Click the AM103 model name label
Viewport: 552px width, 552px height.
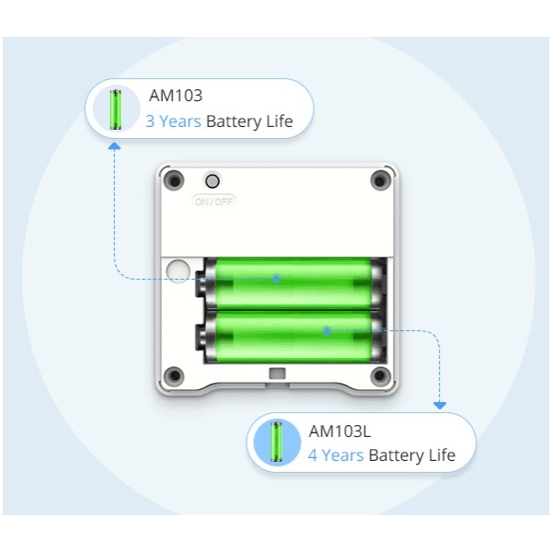pos(176,96)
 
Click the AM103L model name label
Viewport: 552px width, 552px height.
pos(339,431)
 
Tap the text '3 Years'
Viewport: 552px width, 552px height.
pos(173,121)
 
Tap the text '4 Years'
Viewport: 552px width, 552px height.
pos(336,455)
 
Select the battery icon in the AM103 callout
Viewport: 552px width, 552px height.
pos(116,109)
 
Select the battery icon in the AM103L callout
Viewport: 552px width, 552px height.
pos(277,442)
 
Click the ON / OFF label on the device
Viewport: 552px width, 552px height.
pos(213,201)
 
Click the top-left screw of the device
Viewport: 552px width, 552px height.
pos(175,180)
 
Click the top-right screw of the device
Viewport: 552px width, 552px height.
pos(380,180)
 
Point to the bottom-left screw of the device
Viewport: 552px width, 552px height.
pos(175,375)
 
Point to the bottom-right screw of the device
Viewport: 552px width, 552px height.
pos(380,375)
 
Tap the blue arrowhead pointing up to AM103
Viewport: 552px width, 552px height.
pos(114,145)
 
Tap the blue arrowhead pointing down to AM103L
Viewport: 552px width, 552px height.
pos(440,406)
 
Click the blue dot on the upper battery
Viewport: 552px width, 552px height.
pos(277,279)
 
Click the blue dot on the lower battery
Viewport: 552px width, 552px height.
pos(327,330)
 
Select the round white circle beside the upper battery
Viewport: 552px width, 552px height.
pos(178,271)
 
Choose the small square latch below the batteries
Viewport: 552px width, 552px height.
pos(277,374)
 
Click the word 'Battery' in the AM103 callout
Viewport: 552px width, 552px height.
pos(234,121)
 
